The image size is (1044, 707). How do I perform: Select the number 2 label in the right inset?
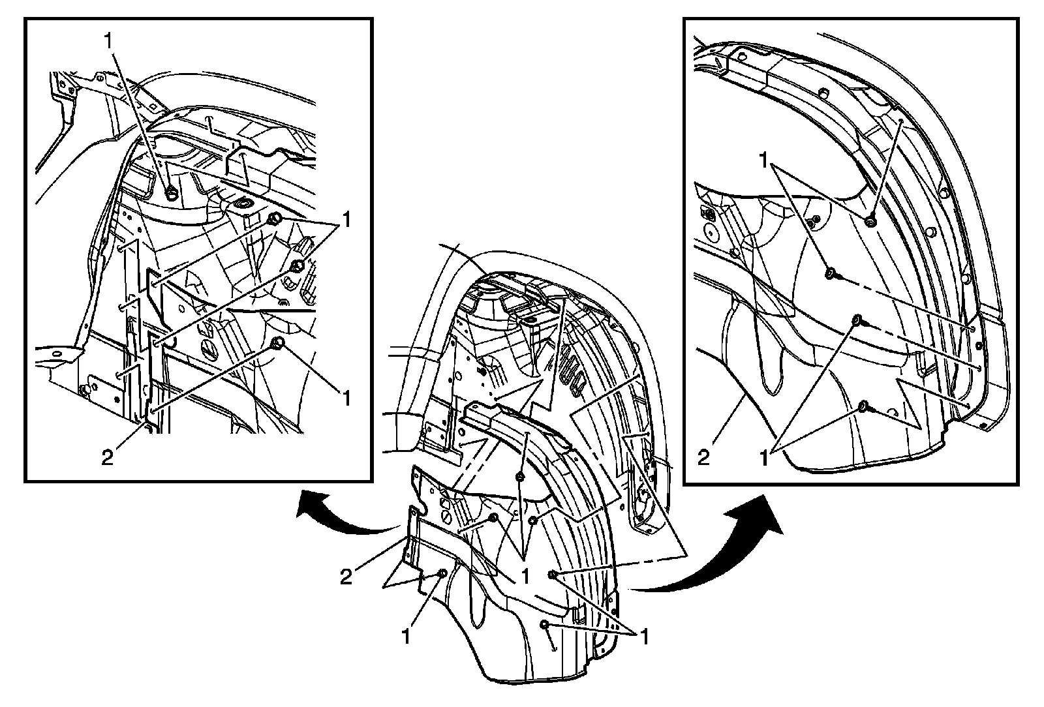pos(703,457)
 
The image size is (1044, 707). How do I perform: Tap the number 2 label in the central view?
pos(346,576)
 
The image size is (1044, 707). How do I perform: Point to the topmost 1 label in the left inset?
pos(108,40)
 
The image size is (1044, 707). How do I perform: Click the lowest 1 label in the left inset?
pos(346,397)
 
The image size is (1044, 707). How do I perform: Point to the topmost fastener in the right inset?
pos(870,222)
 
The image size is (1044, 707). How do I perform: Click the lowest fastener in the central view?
pos(545,625)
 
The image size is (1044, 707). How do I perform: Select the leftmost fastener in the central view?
pos(443,573)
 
